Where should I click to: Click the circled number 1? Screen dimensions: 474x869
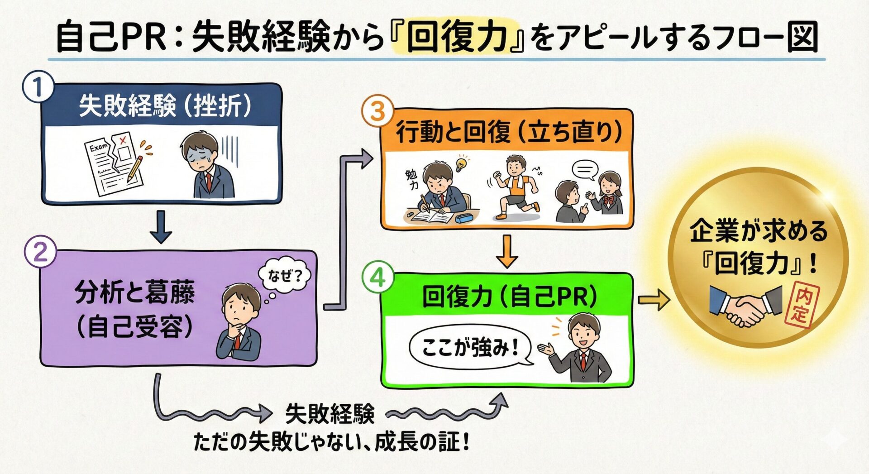(38, 88)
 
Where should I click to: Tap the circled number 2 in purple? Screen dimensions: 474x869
(40, 252)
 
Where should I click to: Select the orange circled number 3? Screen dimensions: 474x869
(377, 111)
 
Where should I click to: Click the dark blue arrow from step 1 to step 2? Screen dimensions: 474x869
(161, 227)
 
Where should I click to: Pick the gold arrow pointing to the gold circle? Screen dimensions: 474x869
(654, 299)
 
